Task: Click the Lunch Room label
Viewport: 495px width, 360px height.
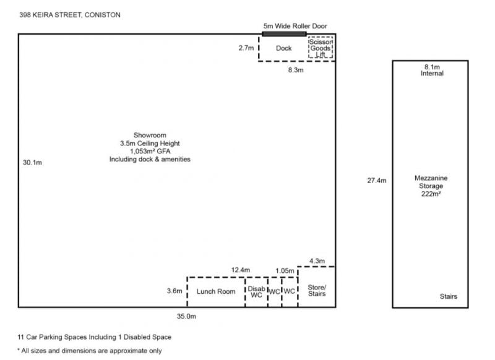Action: click(216, 291)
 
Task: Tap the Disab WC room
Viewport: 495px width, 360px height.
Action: click(256, 292)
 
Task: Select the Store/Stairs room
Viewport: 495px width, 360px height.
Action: click(317, 287)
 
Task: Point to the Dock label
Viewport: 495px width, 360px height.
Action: click(283, 48)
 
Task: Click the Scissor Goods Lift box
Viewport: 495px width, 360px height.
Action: click(321, 48)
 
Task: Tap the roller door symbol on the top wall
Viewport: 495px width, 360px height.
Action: click(284, 34)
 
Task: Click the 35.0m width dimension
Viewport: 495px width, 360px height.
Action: click(186, 316)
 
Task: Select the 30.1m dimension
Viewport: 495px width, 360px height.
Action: click(32, 163)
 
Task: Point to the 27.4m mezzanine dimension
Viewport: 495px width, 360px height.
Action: click(377, 181)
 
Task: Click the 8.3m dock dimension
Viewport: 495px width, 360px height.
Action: click(296, 70)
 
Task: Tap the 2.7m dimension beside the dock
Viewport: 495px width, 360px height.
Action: click(246, 48)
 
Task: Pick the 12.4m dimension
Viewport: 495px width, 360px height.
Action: click(241, 270)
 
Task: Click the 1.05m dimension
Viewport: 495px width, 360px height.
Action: click(285, 271)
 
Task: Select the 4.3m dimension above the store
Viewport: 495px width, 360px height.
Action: click(317, 261)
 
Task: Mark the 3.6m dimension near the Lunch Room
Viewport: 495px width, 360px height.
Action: click(174, 291)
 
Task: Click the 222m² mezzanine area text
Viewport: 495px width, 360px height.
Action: click(431, 194)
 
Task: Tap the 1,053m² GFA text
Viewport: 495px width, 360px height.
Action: click(150, 151)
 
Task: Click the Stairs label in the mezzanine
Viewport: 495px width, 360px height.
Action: click(449, 296)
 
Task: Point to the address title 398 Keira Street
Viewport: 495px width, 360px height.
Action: click(70, 15)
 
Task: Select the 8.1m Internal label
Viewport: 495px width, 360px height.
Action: click(432, 70)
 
